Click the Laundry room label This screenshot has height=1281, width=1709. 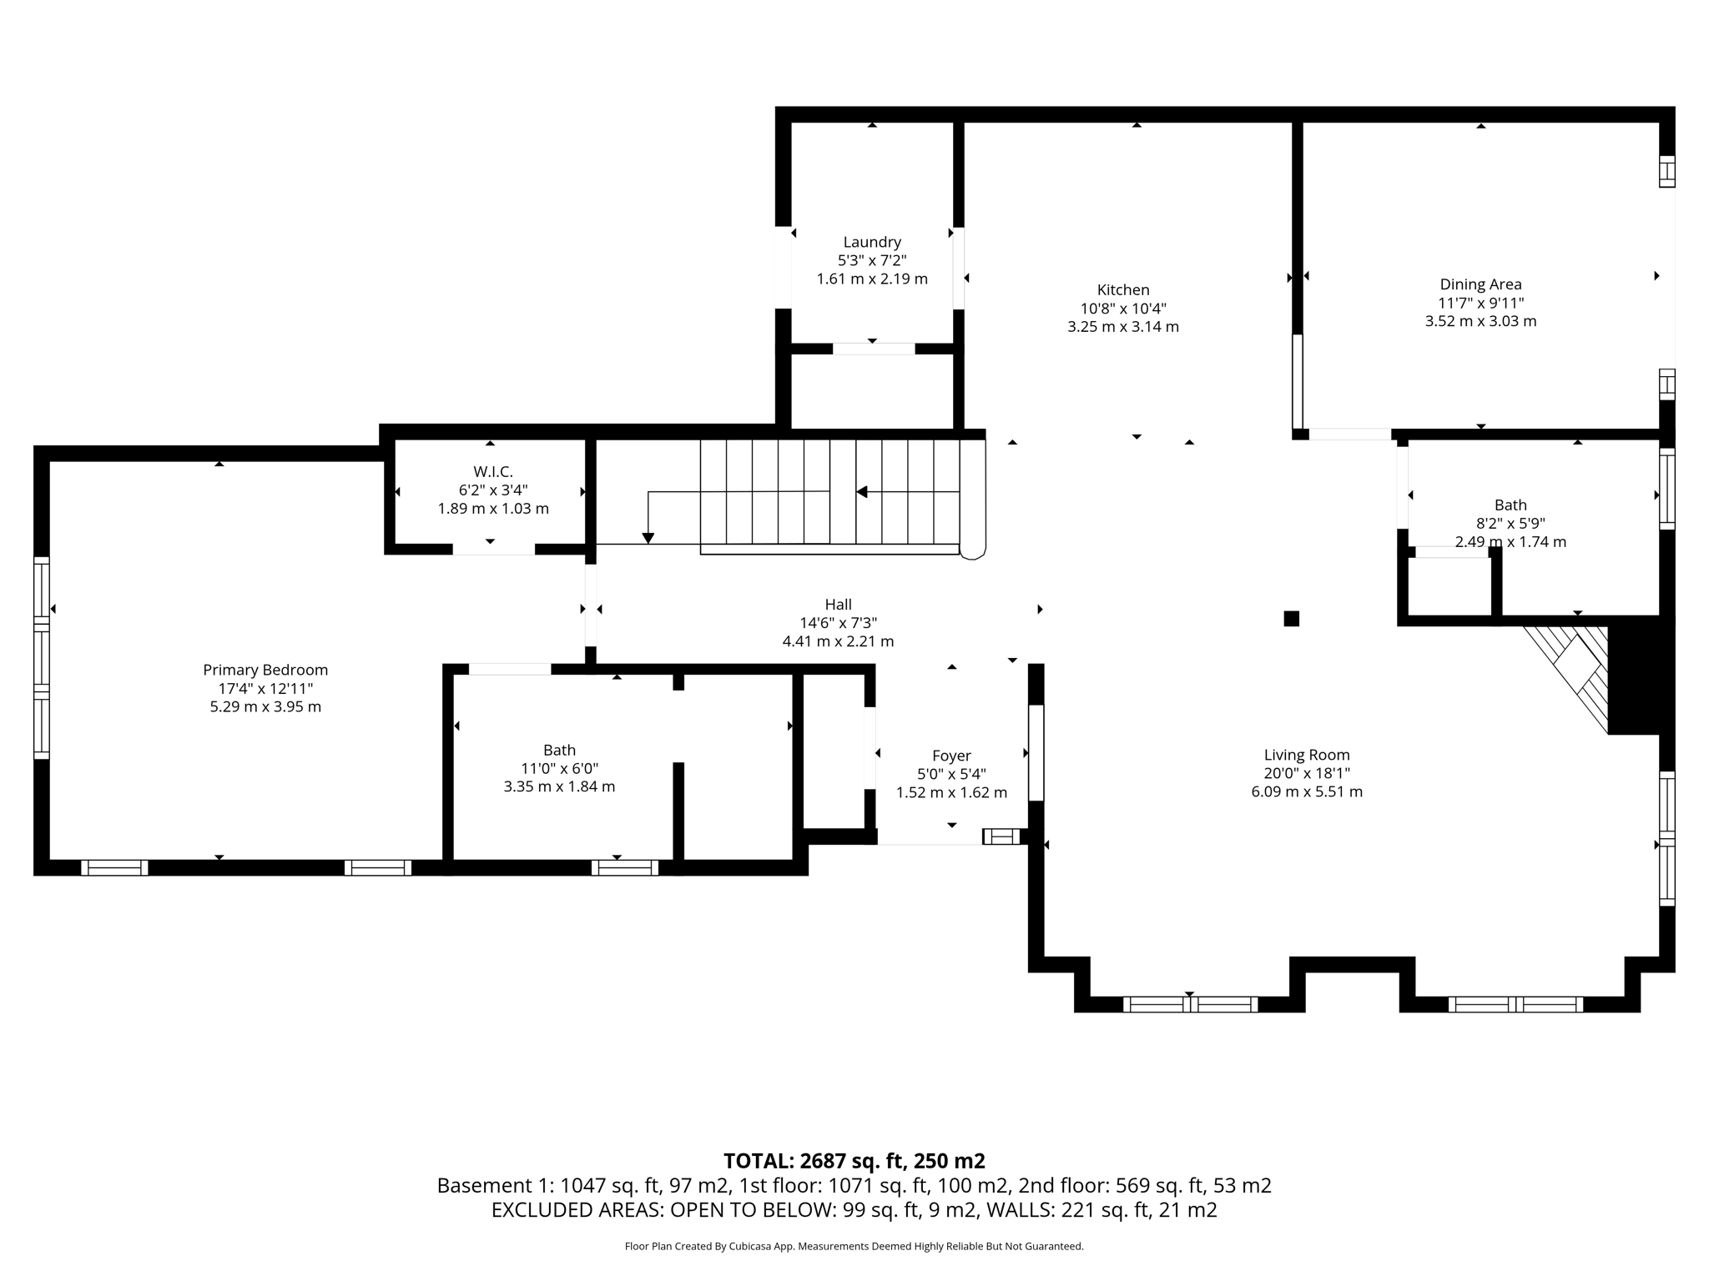coord(871,242)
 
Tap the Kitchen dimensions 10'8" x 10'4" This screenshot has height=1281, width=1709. coord(1122,308)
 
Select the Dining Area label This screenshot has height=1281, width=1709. coord(1480,284)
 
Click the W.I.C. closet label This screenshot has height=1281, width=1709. coord(492,472)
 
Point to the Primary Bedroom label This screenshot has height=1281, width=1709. coord(265,670)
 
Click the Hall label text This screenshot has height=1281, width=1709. coord(838,605)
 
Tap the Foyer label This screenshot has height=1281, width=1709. coord(950,756)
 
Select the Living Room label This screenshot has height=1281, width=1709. coord(1306,755)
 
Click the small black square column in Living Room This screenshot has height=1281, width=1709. coord(1291,619)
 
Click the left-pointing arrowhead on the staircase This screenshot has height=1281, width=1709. coord(862,492)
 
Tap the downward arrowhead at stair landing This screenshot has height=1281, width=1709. coord(648,539)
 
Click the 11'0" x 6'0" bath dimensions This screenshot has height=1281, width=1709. coord(559,768)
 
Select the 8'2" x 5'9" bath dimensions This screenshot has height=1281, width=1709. coord(1510,524)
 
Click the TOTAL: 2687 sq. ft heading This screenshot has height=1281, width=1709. coord(854,1161)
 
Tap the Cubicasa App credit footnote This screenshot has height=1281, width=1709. coord(854,1247)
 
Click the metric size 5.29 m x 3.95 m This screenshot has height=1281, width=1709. coord(265,706)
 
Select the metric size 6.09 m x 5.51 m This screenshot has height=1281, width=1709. coord(1306,791)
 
